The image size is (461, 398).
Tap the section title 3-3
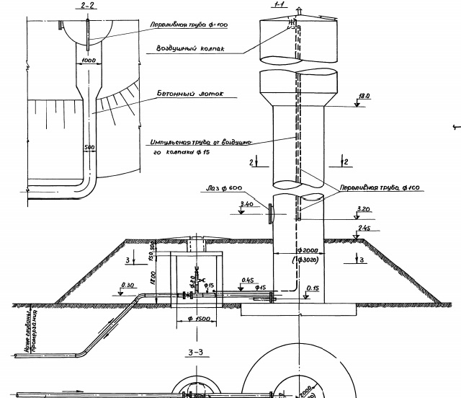(x=195, y=353)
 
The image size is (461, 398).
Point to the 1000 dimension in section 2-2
(x=89, y=61)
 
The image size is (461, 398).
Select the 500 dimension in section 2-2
(x=89, y=147)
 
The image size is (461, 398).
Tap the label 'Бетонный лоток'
(x=190, y=94)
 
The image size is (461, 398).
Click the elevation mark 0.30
(x=130, y=285)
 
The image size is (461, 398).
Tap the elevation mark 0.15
(x=313, y=288)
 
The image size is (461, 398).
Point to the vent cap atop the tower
(x=303, y=13)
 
